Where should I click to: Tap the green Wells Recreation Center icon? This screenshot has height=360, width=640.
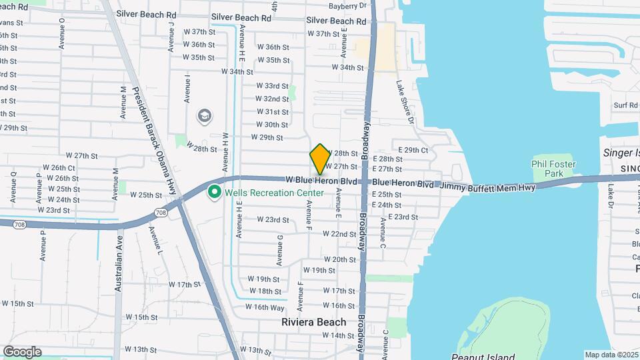coord(215,193)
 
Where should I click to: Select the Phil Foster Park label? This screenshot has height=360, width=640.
coord(553,169)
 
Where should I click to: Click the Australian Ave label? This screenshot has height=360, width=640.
coord(119,264)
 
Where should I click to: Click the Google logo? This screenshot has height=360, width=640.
coord(22,352)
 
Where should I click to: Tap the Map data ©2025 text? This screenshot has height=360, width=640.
coord(611,355)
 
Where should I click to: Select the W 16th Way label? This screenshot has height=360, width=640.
coord(265,307)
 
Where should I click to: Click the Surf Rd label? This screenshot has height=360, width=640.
coord(626,105)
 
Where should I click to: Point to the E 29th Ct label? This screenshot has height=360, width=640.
coord(413,151)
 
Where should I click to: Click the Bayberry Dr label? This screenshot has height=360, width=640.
coord(349,5)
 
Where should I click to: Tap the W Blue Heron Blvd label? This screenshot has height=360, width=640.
coord(321,180)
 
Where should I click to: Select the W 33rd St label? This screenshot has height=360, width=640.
coord(272,86)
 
